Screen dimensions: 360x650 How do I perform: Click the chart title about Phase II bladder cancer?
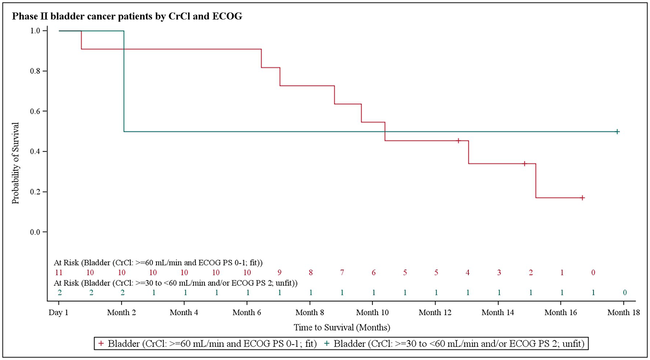(127, 16)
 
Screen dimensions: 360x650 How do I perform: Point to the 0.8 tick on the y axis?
(35, 71)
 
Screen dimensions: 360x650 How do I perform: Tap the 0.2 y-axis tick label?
(35, 192)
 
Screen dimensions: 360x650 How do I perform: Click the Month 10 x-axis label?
(372, 313)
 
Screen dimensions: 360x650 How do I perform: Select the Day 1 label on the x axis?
(58, 313)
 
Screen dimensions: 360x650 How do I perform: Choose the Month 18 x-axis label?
(623, 313)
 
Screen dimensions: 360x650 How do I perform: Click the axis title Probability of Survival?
(16, 163)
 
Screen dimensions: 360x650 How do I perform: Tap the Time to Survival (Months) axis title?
(342, 328)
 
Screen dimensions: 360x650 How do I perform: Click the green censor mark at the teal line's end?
(617, 132)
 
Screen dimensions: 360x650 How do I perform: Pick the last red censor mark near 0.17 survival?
(582, 198)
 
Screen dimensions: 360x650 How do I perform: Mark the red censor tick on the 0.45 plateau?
(458, 141)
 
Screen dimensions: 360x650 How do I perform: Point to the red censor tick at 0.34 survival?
(524, 164)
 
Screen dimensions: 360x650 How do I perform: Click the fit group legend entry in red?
(208, 344)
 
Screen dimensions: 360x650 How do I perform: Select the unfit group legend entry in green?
(455, 344)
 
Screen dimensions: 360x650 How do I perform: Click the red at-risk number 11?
(58, 273)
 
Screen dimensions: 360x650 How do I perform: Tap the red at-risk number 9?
(279, 273)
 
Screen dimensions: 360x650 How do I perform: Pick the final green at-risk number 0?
(624, 293)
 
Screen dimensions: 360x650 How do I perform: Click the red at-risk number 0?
(593, 273)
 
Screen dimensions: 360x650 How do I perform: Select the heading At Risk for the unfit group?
(175, 283)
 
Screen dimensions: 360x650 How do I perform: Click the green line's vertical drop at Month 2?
(124, 81)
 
